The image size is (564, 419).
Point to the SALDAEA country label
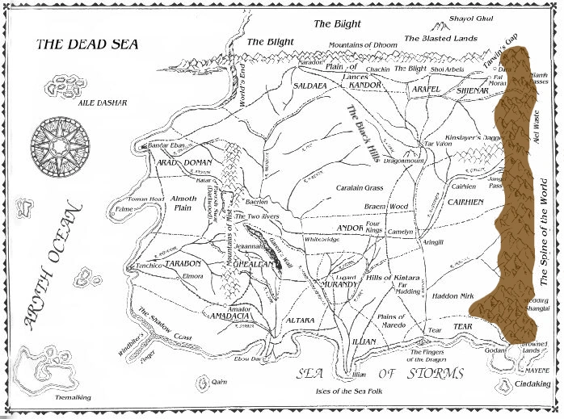pos(309,84)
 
